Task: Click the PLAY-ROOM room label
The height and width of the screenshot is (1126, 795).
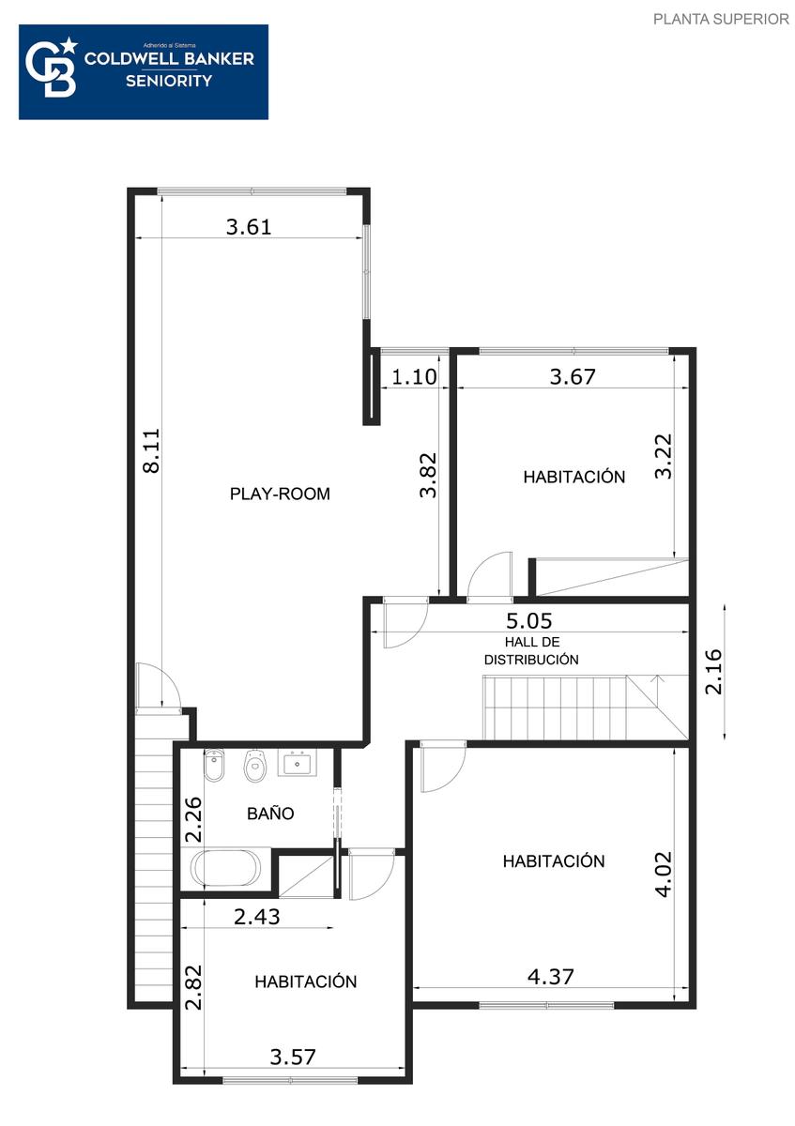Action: tap(280, 494)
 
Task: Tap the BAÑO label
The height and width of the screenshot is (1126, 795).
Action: tap(270, 813)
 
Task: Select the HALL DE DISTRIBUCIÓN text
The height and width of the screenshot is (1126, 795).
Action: tap(531, 650)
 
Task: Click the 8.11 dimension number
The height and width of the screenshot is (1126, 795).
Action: tap(151, 450)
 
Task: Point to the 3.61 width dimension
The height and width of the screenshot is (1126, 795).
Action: tap(249, 227)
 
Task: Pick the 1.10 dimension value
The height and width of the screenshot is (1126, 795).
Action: tap(414, 376)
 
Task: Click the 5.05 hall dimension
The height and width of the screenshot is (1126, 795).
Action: tap(528, 621)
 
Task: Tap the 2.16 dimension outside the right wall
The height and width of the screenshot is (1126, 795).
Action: tap(713, 672)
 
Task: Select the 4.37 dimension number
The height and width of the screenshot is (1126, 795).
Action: tap(550, 977)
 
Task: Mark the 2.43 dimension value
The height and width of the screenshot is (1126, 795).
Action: tap(256, 917)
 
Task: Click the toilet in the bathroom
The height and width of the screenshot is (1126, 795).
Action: tap(255, 766)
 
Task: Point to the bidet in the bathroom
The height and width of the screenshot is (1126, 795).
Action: tap(214, 765)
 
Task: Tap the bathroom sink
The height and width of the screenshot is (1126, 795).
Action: tap(298, 763)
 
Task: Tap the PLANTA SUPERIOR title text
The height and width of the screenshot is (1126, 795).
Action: tap(721, 19)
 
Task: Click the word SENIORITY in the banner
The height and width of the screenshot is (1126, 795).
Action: tap(169, 81)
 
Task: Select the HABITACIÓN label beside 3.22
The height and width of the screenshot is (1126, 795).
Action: tap(574, 477)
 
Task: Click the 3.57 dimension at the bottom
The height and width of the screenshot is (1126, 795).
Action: tap(293, 1058)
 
